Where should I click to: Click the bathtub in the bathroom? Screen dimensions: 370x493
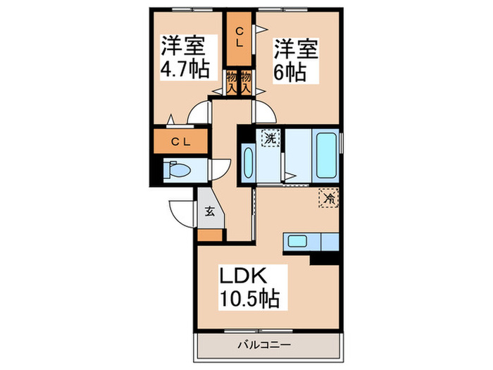(326, 154)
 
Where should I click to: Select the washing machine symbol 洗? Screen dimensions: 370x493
(270, 137)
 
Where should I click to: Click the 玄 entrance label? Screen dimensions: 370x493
(210, 210)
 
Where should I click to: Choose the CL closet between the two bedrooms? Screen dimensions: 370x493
(239, 36)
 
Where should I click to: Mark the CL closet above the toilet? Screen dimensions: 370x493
(181, 142)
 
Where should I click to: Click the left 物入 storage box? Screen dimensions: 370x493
(232, 82)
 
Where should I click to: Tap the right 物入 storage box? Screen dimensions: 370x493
(246, 82)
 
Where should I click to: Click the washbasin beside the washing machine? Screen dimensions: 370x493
(249, 164)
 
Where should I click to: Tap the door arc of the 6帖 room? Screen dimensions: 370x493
(263, 111)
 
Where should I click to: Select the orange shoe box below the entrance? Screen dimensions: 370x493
(211, 235)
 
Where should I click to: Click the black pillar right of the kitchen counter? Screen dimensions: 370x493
(325, 258)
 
